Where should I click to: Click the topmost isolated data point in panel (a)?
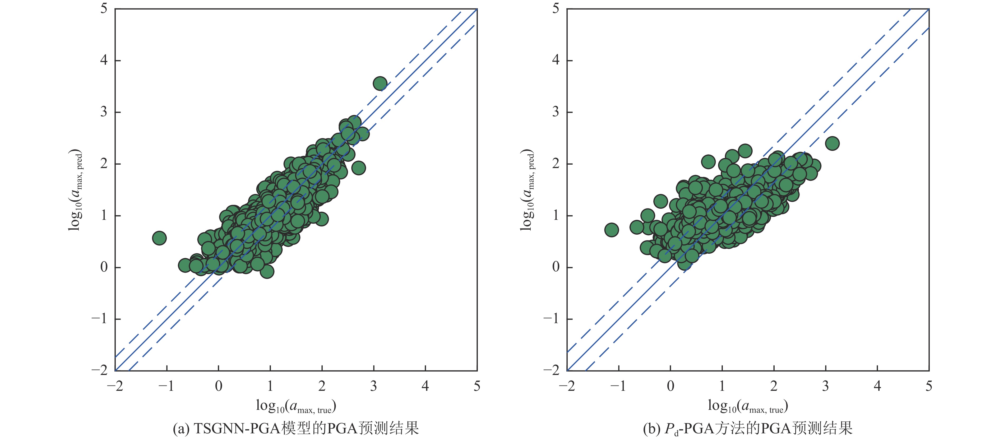click(380, 83)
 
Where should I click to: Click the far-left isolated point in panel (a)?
click(159, 238)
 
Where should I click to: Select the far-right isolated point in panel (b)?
click(832, 143)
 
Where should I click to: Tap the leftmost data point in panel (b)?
click(612, 230)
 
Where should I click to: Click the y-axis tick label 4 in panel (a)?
click(104, 60)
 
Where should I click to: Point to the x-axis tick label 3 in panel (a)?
click(373, 386)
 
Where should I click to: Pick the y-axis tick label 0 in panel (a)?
click(104, 267)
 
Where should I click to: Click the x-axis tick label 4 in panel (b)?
click(877, 386)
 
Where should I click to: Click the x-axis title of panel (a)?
click(296, 406)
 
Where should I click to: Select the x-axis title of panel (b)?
click(748, 406)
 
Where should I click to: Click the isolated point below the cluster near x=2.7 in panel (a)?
click(358, 168)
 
